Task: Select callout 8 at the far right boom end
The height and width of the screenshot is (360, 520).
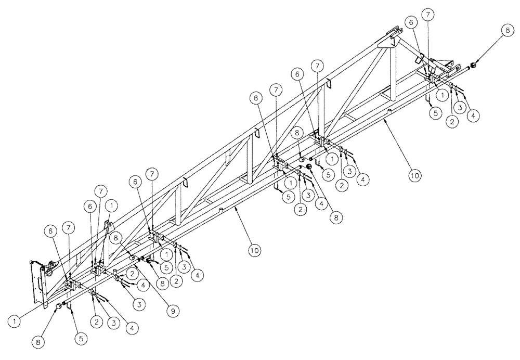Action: (x=507, y=31)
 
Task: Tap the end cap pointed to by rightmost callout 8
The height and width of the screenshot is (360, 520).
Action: (x=473, y=66)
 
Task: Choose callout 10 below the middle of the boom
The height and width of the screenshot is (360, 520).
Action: (x=254, y=250)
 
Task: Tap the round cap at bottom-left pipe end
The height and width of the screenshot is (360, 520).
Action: (x=59, y=307)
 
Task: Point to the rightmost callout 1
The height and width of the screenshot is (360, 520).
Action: (x=442, y=95)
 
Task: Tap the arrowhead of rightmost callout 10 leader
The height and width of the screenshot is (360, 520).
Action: (x=384, y=119)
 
